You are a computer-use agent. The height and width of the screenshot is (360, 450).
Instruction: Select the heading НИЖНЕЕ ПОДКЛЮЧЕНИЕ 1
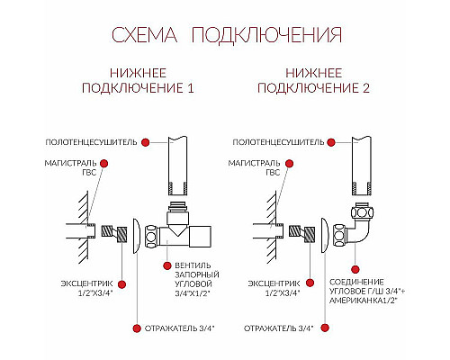(138, 81)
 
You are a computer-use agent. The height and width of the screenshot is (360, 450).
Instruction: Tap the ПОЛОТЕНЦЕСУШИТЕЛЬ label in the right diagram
(274, 142)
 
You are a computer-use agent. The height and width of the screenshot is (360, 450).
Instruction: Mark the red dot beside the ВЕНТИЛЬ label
(167, 265)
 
